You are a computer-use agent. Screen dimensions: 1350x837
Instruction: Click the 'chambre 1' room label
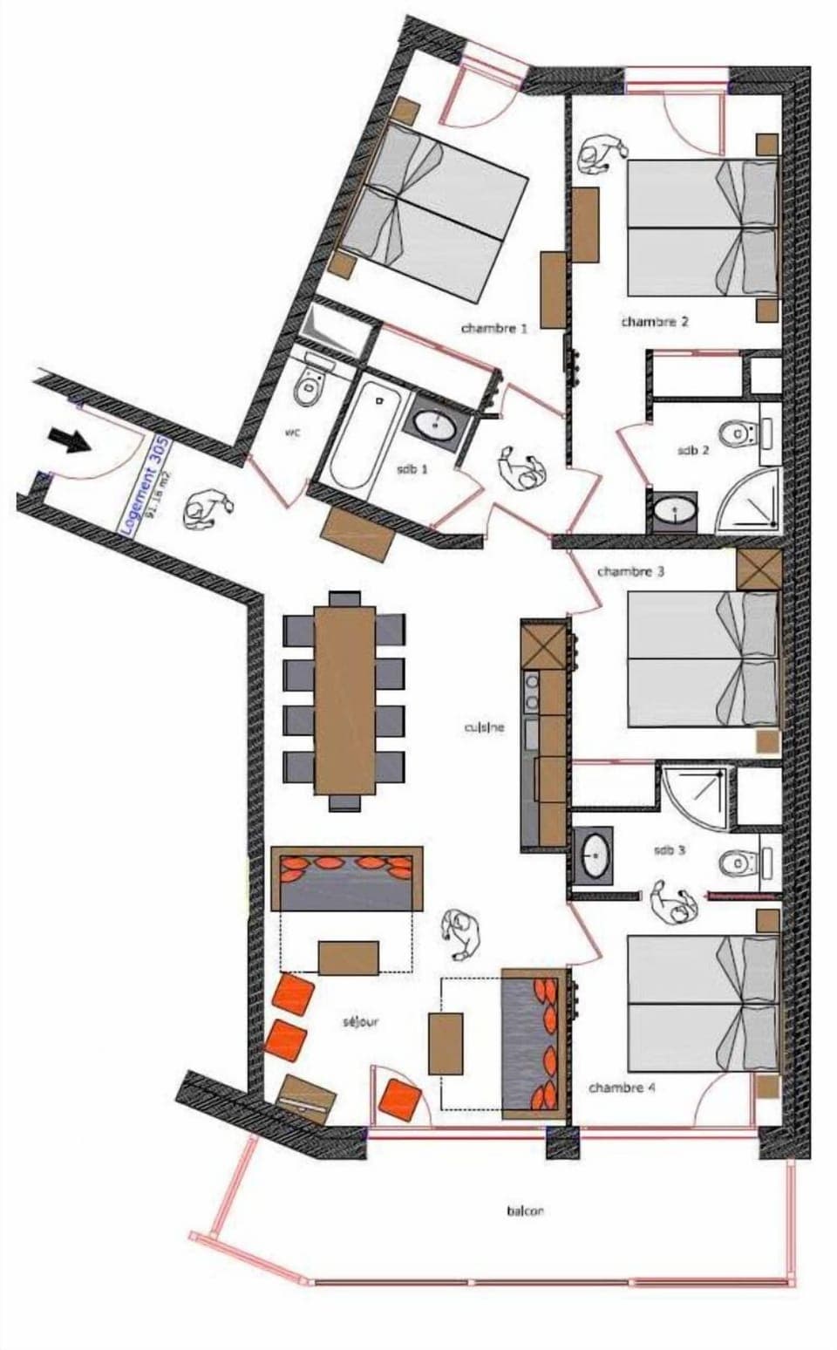click(494, 329)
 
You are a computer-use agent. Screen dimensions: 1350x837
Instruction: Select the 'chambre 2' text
click(655, 322)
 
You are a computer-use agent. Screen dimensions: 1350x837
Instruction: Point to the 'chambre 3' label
click(631, 572)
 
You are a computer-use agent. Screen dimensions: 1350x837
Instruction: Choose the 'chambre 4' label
click(622, 1087)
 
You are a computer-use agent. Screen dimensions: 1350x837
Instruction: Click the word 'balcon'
click(525, 1210)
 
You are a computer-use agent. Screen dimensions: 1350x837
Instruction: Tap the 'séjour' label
click(360, 1021)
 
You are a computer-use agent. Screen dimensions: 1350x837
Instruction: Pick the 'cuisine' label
click(485, 727)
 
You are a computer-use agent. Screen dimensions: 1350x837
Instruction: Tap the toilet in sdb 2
click(740, 432)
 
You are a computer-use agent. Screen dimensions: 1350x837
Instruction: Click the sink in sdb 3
click(595, 855)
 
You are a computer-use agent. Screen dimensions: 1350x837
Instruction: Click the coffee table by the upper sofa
click(349, 957)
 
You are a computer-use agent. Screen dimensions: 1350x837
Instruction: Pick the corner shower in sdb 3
click(695, 793)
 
